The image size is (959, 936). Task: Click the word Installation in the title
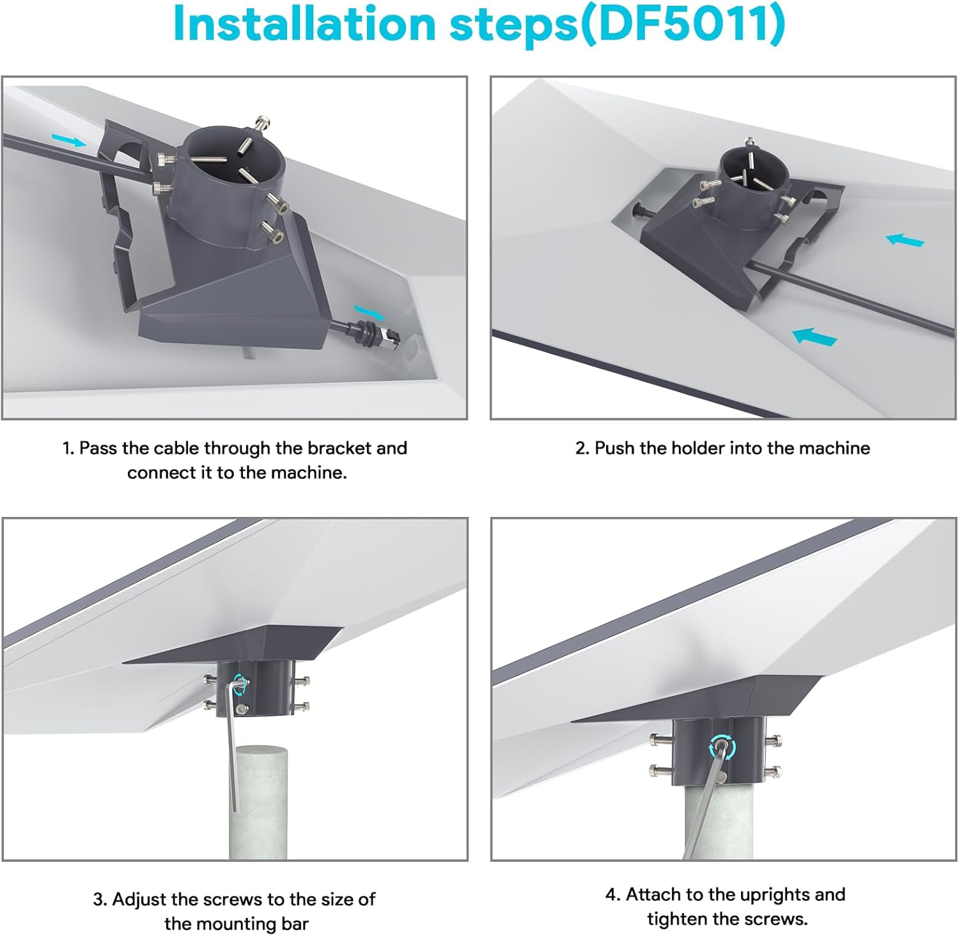304,24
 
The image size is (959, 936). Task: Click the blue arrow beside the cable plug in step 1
370,312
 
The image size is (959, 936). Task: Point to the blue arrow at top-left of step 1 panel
69,140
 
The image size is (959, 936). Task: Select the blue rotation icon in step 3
240,683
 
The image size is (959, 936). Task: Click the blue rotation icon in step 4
722,747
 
